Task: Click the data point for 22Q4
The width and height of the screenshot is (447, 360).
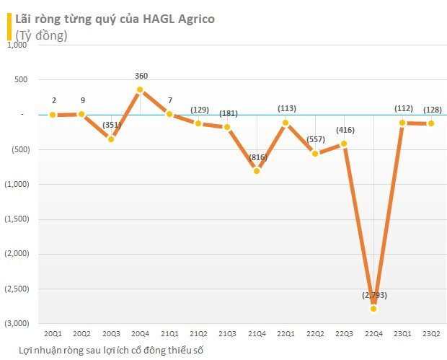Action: [373, 309]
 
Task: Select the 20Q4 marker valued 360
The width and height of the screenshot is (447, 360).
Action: [140, 89]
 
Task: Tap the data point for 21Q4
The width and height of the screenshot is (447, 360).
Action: [256, 171]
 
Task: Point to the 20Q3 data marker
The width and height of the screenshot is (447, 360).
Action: [111, 139]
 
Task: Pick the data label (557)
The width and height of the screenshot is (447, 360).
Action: [315, 139]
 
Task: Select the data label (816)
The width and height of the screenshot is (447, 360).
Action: [257, 157]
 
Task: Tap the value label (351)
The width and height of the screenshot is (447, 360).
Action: [111, 125]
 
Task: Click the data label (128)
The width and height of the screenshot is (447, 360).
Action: [431, 109]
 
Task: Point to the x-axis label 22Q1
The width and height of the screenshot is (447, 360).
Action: [286, 333]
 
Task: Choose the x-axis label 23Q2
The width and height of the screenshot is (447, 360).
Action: [431, 333]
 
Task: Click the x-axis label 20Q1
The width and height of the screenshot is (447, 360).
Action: [53, 333]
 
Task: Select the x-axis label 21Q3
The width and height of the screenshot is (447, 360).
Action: [227, 333]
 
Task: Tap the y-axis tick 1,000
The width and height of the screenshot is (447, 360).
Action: [17, 45]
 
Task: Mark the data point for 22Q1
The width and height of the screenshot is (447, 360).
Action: [286, 123]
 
